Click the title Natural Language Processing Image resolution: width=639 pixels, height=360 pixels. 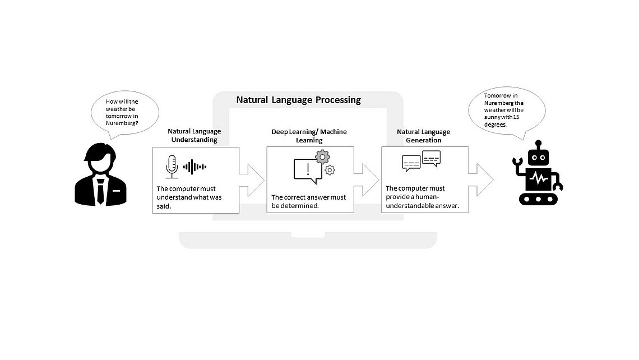pos(298,100)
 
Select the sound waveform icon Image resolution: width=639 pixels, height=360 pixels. pos(195,167)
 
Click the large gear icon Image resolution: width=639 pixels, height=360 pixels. pos(322,156)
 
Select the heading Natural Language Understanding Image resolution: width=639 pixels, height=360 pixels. pos(192,135)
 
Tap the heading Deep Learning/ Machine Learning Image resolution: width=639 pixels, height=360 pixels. pos(309,135)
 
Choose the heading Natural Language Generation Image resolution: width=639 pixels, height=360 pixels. pos(423,135)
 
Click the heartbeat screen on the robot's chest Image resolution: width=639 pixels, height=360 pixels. pos(539,179)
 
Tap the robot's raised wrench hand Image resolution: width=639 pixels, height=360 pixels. pos(518,163)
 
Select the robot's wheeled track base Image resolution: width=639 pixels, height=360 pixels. pos(539,199)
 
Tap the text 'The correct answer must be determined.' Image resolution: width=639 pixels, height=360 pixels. pos(309,201)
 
